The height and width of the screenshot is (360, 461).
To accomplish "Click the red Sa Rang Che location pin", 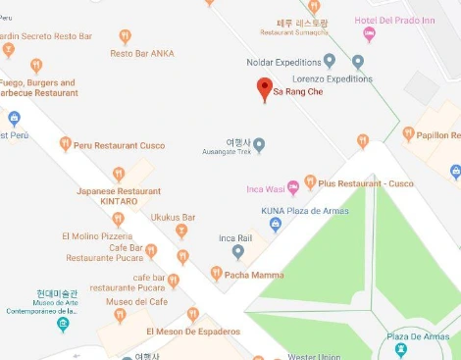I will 264,89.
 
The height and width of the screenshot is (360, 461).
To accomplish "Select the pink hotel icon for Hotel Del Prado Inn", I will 370,34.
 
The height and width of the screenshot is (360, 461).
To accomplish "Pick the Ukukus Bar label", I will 174,217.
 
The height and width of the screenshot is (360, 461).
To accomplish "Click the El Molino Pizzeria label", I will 96,236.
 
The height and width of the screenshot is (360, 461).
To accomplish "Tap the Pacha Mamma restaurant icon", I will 217,273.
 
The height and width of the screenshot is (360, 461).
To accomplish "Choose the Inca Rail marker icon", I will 238,252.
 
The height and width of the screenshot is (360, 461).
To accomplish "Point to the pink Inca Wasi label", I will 265,189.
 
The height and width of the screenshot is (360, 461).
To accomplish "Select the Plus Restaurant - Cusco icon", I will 310,181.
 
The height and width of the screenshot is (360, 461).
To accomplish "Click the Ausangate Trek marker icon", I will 259,145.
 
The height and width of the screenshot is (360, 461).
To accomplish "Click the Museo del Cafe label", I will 131,302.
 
